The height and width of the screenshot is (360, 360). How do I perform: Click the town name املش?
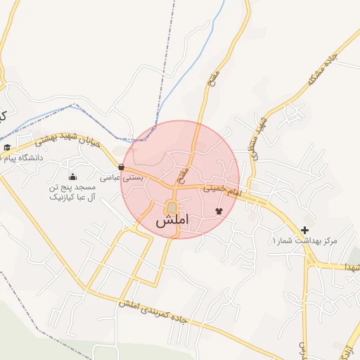click(172, 221)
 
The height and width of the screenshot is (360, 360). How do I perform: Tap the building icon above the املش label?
click(172, 207)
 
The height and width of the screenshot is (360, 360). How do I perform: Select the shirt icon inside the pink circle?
click(218, 210)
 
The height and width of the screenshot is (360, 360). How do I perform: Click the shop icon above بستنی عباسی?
click(122, 167)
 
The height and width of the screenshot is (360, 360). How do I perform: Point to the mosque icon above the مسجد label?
click(73, 176)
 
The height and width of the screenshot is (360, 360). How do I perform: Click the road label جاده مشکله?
click(324, 70)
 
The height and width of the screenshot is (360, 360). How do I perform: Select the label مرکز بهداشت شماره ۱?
click(304, 241)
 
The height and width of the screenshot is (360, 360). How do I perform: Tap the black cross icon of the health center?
click(304, 230)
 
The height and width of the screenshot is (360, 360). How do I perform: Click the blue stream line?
click(176, 77)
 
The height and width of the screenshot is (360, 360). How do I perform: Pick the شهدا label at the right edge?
click(351, 268)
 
